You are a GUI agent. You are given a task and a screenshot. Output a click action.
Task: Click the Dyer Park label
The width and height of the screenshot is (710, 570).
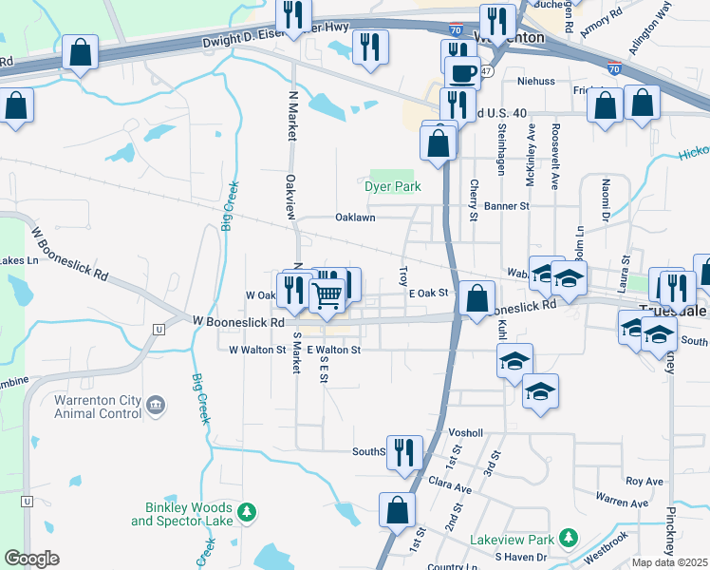[x=393, y=187]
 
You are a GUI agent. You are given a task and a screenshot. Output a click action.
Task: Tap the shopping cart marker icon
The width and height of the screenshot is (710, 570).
[x=327, y=294]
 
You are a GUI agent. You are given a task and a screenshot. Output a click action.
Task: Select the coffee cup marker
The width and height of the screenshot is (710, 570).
[x=462, y=74]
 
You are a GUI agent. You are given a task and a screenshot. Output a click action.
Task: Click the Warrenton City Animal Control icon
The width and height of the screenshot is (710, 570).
[x=156, y=407]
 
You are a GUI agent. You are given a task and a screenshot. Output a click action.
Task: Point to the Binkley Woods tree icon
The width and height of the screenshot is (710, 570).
[x=247, y=513]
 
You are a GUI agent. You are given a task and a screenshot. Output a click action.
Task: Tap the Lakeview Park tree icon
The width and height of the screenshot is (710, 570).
[x=568, y=539]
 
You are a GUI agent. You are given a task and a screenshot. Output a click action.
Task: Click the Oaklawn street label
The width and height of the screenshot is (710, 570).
[x=355, y=218]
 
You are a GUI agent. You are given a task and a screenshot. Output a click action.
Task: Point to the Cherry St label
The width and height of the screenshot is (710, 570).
[x=474, y=200]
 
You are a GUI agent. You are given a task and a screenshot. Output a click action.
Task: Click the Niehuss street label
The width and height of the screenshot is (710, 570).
[x=536, y=82]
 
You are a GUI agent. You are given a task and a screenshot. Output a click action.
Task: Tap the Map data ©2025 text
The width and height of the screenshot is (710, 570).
[x=670, y=562]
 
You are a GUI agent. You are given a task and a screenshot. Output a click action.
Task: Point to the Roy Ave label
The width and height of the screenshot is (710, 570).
[x=644, y=482]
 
